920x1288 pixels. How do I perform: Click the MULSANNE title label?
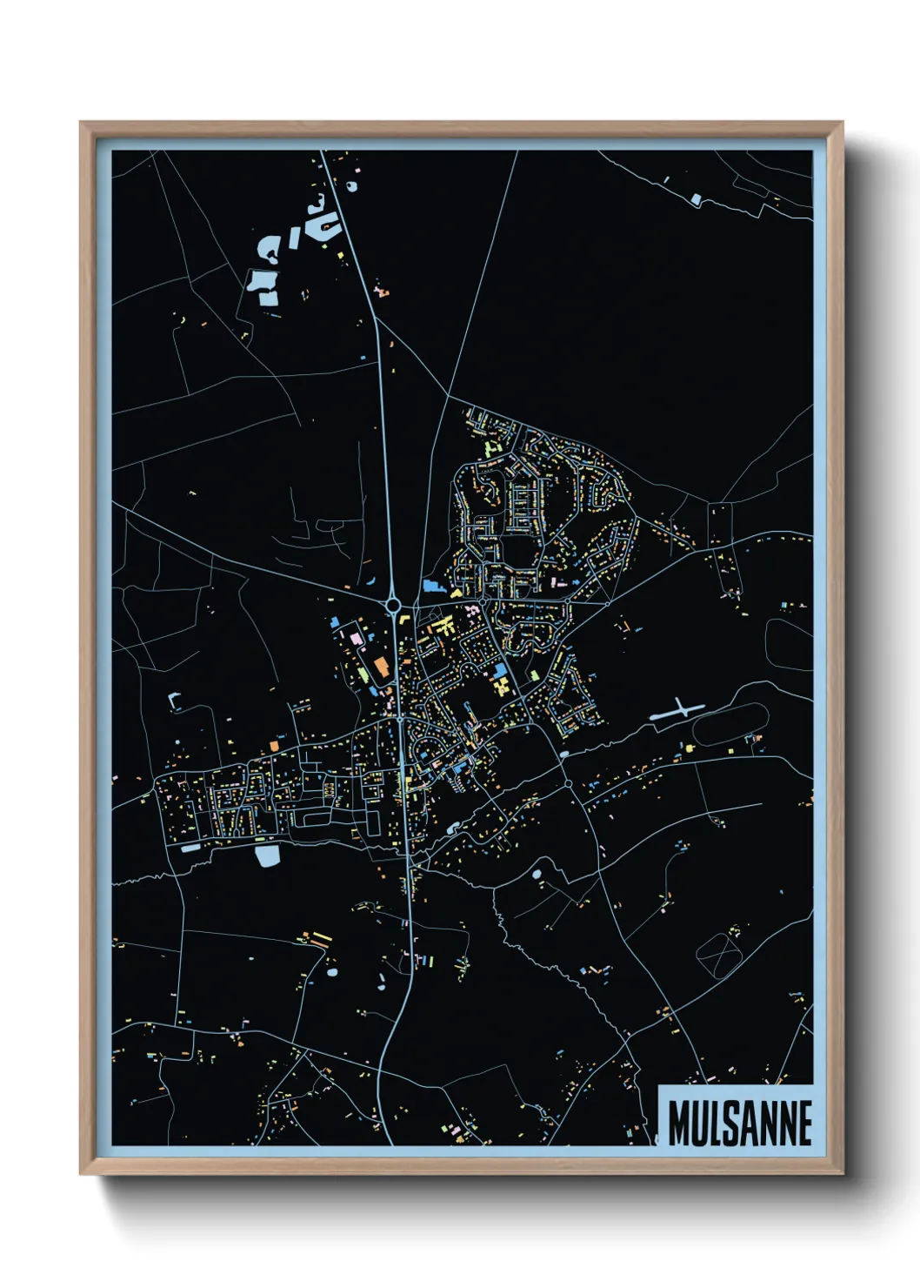[x=740, y=1123]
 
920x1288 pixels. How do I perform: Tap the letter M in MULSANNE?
[x=679, y=1124]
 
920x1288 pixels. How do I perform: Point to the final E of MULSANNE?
[x=804, y=1124]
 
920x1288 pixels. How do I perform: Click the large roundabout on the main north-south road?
[x=393, y=604]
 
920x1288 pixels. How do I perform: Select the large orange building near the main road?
[x=381, y=668]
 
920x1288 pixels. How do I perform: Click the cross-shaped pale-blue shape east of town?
[x=678, y=711]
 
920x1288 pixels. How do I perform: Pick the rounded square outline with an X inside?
[x=718, y=954]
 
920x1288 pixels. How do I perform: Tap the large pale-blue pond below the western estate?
[x=268, y=856]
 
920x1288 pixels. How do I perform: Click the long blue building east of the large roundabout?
[x=432, y=587]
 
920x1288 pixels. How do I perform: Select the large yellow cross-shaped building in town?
[x=445, y=626]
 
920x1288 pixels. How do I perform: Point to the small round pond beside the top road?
[x=351, y=185]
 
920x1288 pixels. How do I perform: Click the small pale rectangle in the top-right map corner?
[x=696, y=198]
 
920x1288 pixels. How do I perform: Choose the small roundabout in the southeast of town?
[x=568, y=784]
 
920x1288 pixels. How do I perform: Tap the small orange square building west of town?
[x=273, y=746]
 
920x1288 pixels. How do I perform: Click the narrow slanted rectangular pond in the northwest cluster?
[x=294, y=238]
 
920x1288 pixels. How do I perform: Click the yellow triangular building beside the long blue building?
[x=456, y=593]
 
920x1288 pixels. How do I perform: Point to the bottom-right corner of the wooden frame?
[x=841, y=1172]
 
